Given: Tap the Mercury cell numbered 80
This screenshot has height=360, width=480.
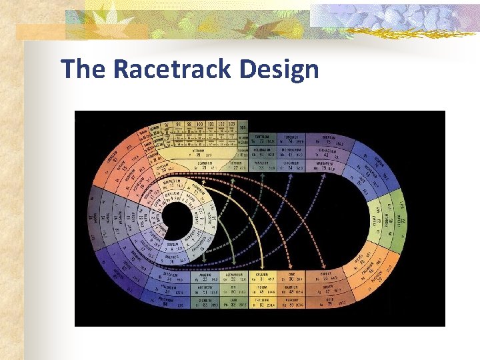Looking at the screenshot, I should click(293, 304).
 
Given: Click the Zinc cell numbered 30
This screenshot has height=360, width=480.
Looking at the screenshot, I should click(293, 279).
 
